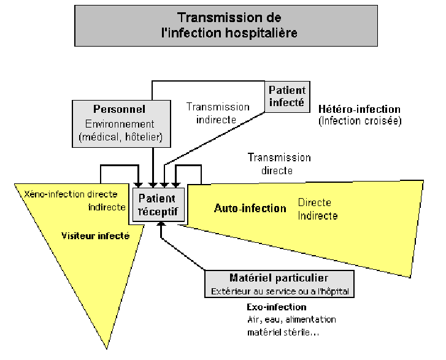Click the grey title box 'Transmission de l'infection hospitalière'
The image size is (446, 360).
pos(226,26)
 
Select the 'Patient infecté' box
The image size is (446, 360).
pos(287,96)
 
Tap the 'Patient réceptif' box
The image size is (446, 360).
pos(158,205)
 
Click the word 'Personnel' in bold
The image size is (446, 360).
pos(119,109)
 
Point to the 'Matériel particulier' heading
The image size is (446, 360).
pos(279,278)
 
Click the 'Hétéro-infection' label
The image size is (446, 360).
pos(359,109)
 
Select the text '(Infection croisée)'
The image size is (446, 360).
pos(360,121)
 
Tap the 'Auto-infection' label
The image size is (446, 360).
pos(250,208)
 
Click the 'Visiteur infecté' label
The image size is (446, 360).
pos(96,236)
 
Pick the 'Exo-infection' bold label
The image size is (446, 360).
pos(277,307)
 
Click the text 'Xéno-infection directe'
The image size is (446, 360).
pos(71,194)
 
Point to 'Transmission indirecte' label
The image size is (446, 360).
pos(218,113)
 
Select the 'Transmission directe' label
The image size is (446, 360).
pos(279,164)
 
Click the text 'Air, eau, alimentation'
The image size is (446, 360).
pos(291,320)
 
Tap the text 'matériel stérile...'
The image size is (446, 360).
pos(283,332)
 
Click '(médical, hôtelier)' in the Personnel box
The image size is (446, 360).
pos(121,137)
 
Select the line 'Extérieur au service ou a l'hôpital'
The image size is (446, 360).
pos(280,291)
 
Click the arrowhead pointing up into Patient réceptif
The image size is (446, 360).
pos(161,224)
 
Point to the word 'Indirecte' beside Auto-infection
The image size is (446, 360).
pos(318,216)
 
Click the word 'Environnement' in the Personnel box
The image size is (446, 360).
pos(120,124)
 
